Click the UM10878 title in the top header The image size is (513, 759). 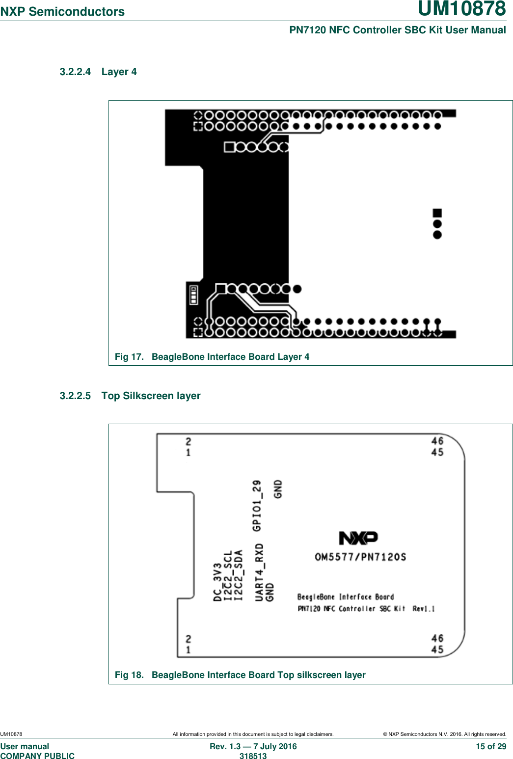[x=461, y=9]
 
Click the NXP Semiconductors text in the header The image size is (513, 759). [x=62, y=12]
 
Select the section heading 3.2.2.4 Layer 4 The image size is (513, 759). [x=98, y=72]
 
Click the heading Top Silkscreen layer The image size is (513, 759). [x=151, y=396]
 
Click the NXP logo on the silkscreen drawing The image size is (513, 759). [x=358, y=538]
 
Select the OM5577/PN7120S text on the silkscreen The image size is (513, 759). [x=360, y=557]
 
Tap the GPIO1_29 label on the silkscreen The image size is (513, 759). [x=257, y=506]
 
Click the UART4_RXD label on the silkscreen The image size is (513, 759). [x=259, y=571]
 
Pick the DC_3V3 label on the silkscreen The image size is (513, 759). [x=217, y=582]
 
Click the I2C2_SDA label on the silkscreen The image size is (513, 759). [x=239, y=575]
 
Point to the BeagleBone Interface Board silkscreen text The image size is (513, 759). [x=346, y=597]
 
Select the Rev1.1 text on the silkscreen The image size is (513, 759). [x=423, y=609]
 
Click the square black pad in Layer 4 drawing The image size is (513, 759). [x=437, y=213]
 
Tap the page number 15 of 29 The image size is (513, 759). [x=491, y=746]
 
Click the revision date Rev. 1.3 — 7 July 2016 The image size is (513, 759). [x=253, y=746]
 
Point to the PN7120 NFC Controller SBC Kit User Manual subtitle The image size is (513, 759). [x=397, y=30]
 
